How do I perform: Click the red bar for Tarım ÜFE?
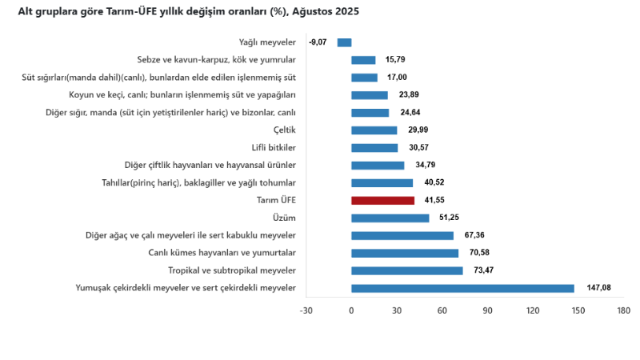(382, 200)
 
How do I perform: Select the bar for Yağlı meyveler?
(344, 42)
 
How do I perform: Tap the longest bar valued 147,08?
(462, 288)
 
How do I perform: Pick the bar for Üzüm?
(390, 218)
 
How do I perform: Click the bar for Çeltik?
(374, 130)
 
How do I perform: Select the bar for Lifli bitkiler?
(374, 148)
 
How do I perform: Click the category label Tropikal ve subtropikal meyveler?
(232, 270)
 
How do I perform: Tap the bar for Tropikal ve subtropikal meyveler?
(406, 270)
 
